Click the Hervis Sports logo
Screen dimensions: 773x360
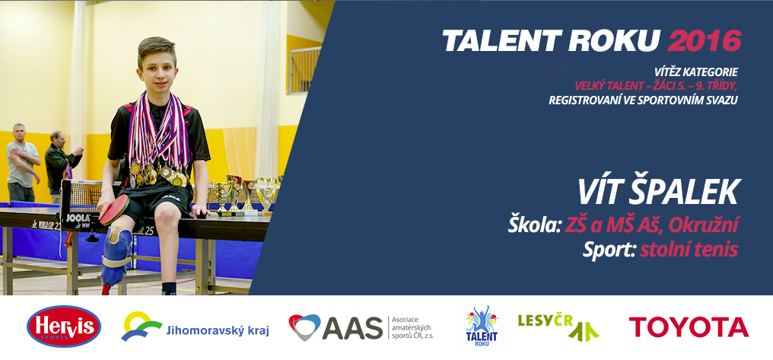64,327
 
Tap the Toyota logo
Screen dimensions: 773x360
689,327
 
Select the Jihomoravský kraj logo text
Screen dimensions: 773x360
218,331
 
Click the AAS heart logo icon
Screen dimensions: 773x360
304,327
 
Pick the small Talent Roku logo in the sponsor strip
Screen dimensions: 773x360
482,326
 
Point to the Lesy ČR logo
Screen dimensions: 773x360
558,327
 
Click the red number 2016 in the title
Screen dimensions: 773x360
705,41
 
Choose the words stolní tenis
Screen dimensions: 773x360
689,250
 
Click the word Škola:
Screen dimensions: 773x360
534,225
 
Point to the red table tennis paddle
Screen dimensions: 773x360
114,211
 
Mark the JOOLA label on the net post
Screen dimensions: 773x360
78,218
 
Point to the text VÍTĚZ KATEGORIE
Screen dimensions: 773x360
696,73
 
